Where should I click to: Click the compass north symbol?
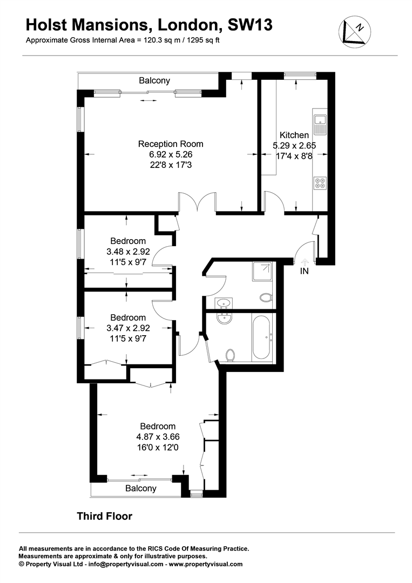[x=353, y=31]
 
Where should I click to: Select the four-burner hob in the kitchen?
[x=319, y=184]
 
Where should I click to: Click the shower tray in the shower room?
[x=263, y=272]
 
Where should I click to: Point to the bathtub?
[x=262, y=338]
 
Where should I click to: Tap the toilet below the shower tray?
[x=266, y=297]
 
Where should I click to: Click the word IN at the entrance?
[x=305, y=271]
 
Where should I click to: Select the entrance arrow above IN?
[x=304, y=260]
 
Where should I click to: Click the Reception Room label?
[x=171, y=144]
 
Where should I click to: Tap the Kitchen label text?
[x=294, y=135]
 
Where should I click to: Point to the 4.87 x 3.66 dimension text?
[x=158, y=437]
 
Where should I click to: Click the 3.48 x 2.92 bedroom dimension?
[x=129, y=252]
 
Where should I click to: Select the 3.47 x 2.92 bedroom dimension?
[x=129, y=328]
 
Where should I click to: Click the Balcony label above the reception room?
[x=154, y=80]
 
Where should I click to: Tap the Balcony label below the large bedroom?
[x=141, y=489]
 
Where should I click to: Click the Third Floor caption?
[x=104, y=516]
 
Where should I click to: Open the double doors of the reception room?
[x=198, y=204]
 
